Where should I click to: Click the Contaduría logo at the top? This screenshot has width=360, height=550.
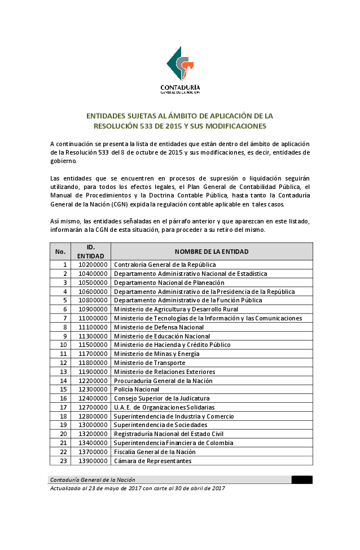(x=180, y=70)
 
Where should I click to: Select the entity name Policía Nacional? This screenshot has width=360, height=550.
(x=137, y=389)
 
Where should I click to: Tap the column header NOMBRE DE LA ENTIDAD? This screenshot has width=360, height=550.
(x=212, y=252)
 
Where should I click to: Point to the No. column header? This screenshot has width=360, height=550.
(x=60, y=252)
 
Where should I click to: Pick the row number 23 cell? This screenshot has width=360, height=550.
(x=63, y=461)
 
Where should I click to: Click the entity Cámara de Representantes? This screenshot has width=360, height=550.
(x=152, y=461)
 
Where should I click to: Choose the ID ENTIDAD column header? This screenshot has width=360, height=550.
(x=91, y=252)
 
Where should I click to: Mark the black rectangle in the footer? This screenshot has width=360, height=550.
(x=302, y=480)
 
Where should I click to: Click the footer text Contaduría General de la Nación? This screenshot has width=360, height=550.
(x=93, y=480)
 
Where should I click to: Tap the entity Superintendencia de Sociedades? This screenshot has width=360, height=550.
(x=160, y=425)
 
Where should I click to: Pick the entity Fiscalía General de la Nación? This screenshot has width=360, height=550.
(x=155, y=452)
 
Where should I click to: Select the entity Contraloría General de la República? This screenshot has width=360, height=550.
(x=165, y=265)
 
